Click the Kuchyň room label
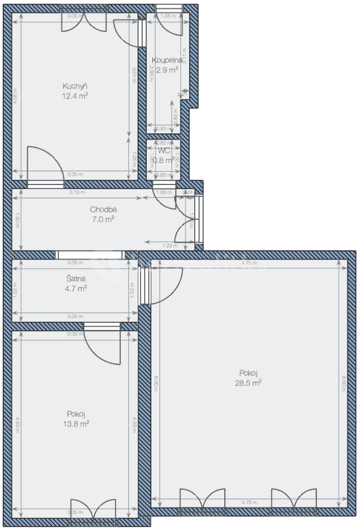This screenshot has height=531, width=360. (x=76, y=86)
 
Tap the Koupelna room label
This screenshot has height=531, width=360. (x=164, y=60)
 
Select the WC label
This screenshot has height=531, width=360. (x=163, y=151)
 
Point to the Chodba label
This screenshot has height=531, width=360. (x=101, y=210)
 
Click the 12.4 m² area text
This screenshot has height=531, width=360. (x=76, y=96)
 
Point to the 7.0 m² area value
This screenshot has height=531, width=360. (x=103, y=219)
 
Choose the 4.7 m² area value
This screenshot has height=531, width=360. (x=76, y=288)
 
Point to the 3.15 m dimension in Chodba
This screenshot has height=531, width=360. (x=74, y=193)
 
